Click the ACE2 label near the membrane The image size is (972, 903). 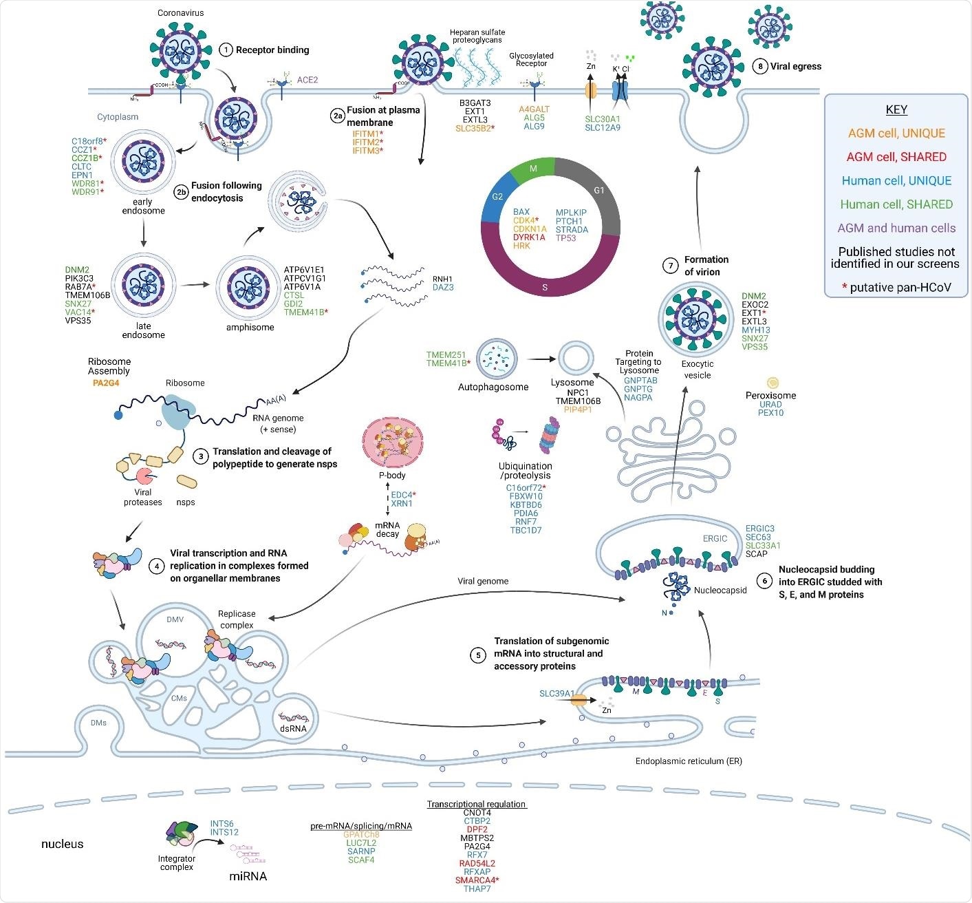point(307,80)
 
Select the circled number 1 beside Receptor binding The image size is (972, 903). point(226,50)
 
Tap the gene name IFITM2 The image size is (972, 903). point(365,142)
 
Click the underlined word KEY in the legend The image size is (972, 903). point(896,109)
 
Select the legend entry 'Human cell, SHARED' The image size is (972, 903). point(896,204)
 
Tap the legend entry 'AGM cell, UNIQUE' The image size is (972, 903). point(896,134)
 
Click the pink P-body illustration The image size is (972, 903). point(392,440)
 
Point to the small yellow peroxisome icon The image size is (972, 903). point(772,383)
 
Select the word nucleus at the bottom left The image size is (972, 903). point(62,844)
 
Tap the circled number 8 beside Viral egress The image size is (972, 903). point(759,66)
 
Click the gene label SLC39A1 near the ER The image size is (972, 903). point(557,693)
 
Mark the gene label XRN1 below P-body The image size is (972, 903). point(402,504)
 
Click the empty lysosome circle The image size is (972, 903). point(572,359)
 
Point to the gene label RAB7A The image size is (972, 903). point(78,287)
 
